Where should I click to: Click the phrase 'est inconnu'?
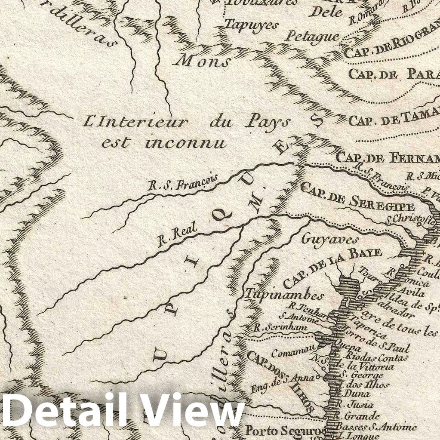tap(164, 142)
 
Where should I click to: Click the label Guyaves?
tap(324, 239)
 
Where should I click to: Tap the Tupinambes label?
tap(284, 295)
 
